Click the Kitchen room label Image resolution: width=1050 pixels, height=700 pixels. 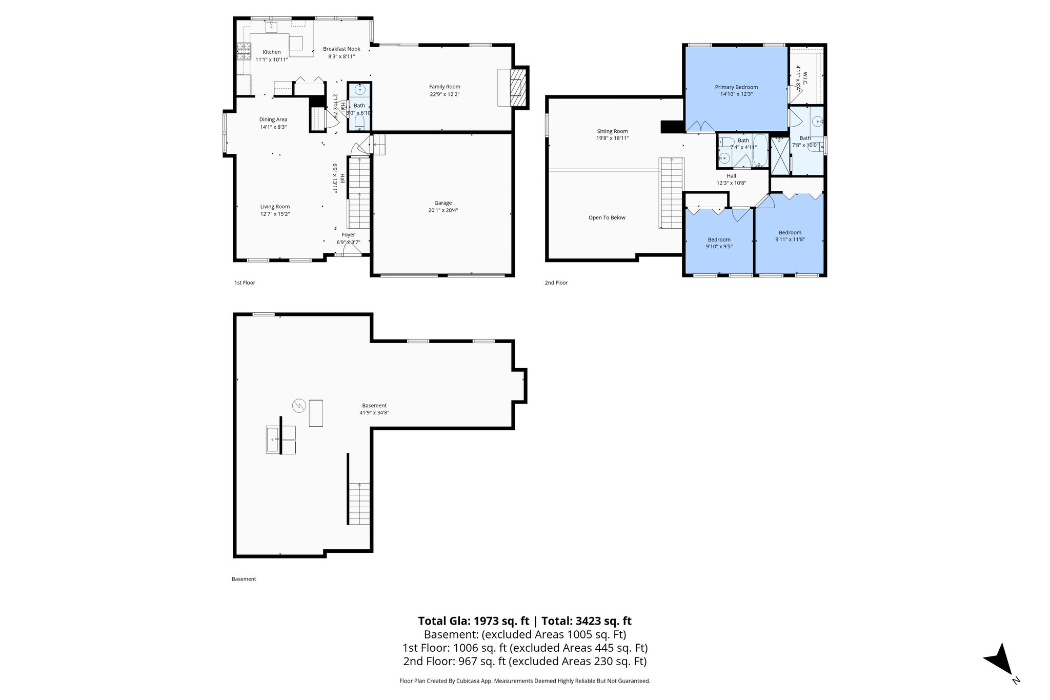tap(272, 52)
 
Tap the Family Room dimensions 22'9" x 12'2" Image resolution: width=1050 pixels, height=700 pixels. tap(445, 94)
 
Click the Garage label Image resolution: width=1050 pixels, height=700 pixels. tap(443, 203)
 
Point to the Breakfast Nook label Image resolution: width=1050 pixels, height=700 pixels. tap(341, 49)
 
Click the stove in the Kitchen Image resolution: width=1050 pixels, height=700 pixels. tap(244, 51)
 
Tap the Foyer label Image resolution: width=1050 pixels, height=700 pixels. tap(348, 235)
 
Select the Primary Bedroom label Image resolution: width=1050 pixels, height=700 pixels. tap(736, 87)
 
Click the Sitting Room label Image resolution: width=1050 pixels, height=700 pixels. tap(612, 131)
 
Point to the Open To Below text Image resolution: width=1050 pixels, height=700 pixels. tap(607, 217)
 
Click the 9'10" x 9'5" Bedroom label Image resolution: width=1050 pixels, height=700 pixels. tap(719, 239)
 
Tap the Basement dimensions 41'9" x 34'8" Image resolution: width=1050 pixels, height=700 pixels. tap(374, 413)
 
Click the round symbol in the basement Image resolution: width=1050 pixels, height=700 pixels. tap(299, 406)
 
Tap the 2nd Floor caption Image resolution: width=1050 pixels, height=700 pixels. tap(556, 283)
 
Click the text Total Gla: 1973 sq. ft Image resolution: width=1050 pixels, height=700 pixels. tap(473, 621)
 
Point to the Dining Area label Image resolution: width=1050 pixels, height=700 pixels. tap(273, 119)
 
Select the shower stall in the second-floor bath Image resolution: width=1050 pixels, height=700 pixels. tap(780, 153)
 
